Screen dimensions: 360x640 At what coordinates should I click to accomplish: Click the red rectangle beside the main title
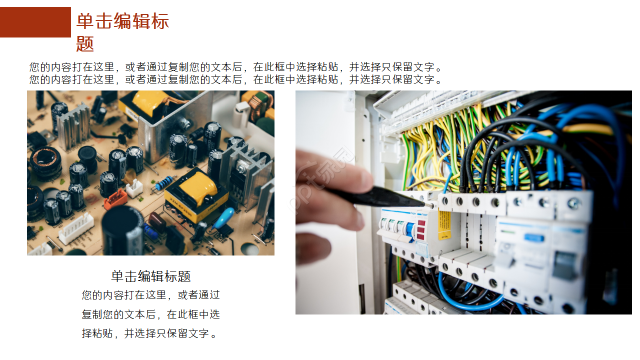click(x=35, y=22)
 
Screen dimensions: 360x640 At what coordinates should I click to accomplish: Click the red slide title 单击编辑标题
click(x=122, y=32)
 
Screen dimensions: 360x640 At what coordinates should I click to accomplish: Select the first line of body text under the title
click(x=235, y=67)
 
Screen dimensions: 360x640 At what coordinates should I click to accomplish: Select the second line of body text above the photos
click(x=235, y=79)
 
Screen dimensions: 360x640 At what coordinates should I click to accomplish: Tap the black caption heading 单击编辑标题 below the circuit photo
click(x=150, y=276)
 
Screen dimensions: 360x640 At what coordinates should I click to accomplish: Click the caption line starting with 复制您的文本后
click(x=150, y=314)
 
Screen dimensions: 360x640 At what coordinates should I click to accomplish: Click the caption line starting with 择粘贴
click(x=150, y=333)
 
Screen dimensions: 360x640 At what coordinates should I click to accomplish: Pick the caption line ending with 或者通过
click(x=150, y=295)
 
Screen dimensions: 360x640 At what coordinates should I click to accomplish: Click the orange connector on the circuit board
click(x=115, y=198)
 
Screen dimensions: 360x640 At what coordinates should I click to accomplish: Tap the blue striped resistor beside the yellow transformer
click(x=163, y=183)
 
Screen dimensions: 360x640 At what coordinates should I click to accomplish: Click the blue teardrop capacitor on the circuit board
click(x=223, y=218)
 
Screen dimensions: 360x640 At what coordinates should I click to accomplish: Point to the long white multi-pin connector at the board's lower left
click(x=75, y=229)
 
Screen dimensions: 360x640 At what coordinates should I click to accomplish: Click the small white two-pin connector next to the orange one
click(x=134, y=188)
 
